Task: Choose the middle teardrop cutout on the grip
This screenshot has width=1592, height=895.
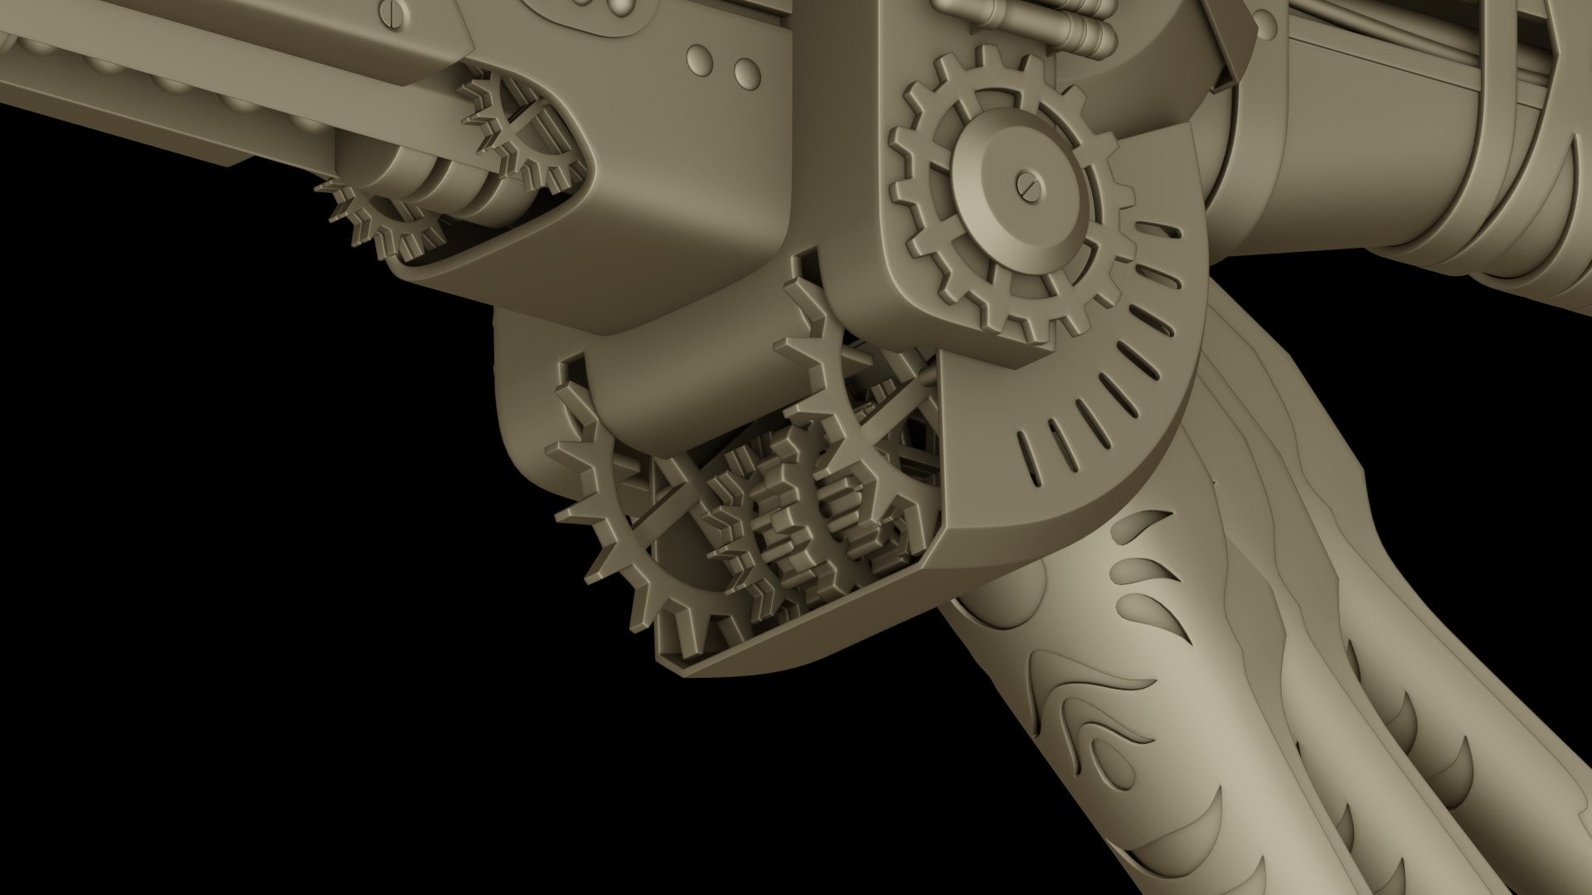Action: coord(1140,571)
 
